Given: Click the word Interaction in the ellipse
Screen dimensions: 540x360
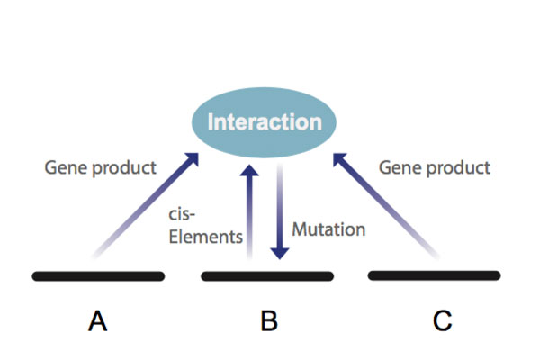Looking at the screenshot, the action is coord(265,122).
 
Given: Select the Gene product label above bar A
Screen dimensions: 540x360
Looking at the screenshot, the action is coord(100,168).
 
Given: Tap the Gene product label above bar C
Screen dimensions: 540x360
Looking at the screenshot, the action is coord(435,168).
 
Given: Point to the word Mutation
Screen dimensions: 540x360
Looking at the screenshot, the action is coord(328,229).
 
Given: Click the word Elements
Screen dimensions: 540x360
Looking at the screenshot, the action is coord(205,237).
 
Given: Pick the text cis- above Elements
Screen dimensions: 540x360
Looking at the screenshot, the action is coord(182,214).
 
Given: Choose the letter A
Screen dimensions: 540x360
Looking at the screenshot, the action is coord(98,320).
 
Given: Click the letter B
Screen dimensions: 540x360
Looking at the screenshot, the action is coord(269,320).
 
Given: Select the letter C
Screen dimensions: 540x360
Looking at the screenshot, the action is coord(442,320).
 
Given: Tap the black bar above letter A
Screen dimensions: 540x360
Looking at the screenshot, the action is coord(98,276).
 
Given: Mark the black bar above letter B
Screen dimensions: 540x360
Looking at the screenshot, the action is coord(267,276).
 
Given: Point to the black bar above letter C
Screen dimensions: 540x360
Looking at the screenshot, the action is coord(435,275).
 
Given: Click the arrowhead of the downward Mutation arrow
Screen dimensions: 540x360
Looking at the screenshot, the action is coord(280,253).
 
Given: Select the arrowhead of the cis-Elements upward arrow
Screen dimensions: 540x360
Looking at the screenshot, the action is coord(249,171).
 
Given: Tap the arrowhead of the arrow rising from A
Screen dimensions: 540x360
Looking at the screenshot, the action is coord(193,159).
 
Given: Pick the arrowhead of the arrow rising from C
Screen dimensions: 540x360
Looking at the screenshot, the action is coord(339,159).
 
